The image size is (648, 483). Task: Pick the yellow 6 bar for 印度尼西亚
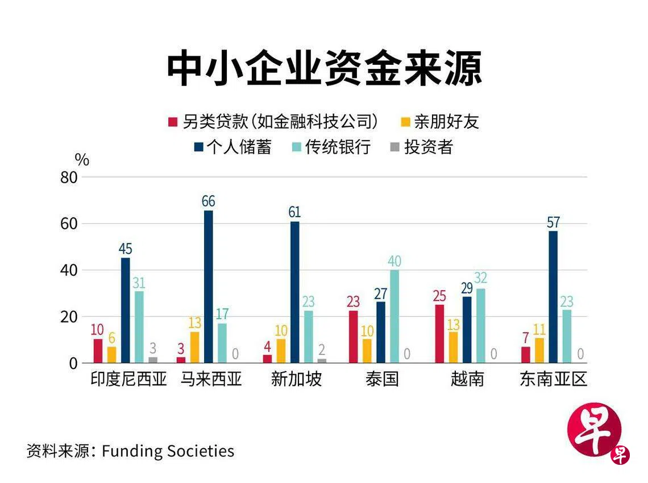[111, 354]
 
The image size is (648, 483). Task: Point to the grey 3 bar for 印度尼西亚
[153, 360]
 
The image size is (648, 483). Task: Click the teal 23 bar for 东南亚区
[567, 336]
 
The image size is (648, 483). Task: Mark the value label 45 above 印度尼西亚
[126, 249]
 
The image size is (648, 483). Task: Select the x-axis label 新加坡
[296, 379]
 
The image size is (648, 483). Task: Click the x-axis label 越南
[467, 379]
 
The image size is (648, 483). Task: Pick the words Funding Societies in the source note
[168, 451]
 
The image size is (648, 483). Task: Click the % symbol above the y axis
[82, 160]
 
